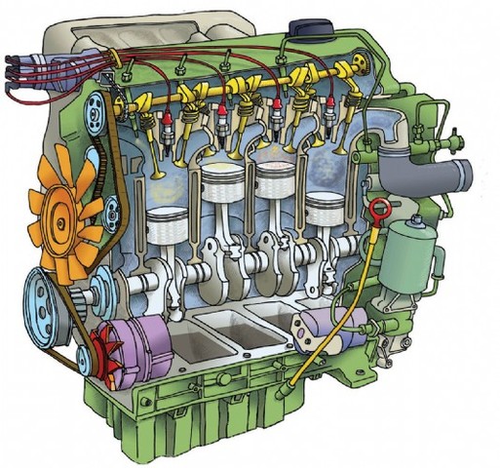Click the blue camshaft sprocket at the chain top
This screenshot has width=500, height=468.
coord(96,101)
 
